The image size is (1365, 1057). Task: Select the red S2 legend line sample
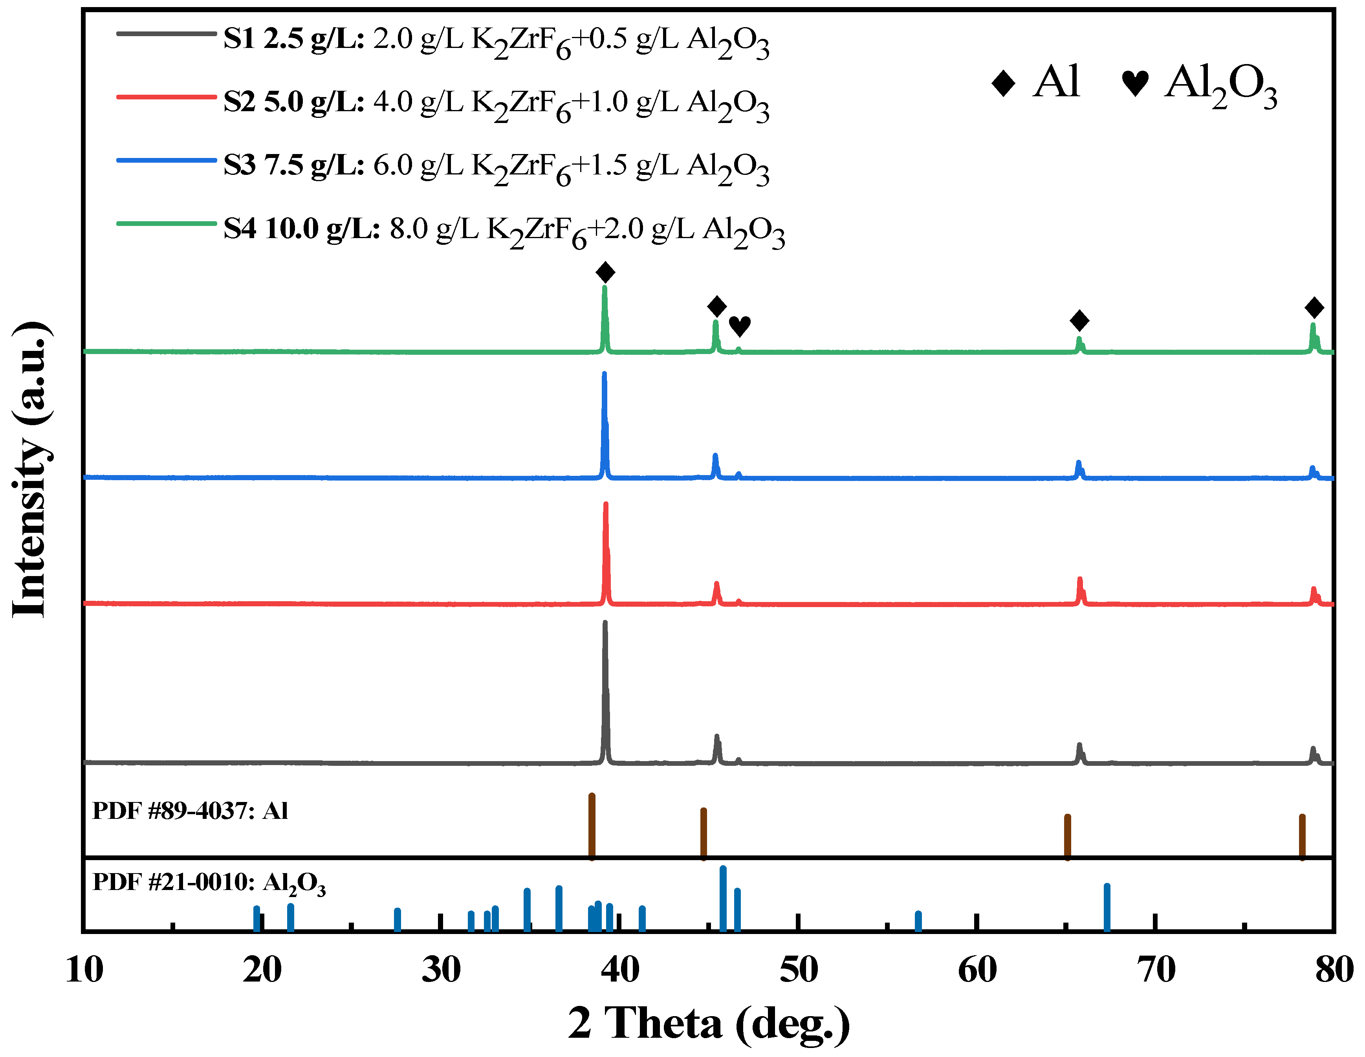click(x=166, y=97)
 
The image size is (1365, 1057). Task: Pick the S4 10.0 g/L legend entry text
click(x=504, y=230)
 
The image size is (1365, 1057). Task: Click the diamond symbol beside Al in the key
click(x=1003, y=84)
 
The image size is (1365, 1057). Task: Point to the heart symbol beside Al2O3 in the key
click(x=1135, y=84)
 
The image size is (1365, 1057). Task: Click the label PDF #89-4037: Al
click(x=190, y=811)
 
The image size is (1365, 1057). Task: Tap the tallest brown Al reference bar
click(x=592, y=826)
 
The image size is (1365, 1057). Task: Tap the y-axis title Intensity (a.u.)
click(x=30, y=470)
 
